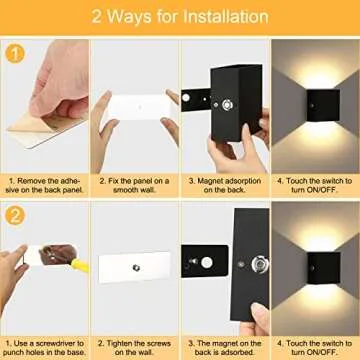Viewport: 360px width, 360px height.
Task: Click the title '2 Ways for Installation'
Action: click(x=180, y=17)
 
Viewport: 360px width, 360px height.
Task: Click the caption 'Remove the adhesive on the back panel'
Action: click(x=45, y=187)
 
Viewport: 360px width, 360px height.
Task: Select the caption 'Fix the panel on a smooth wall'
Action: click(x=134, y=187)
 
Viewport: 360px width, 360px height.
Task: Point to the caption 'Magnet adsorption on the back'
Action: click(x=224, y=187)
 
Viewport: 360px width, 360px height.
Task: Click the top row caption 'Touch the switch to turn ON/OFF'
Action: click(x=314, y=187)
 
